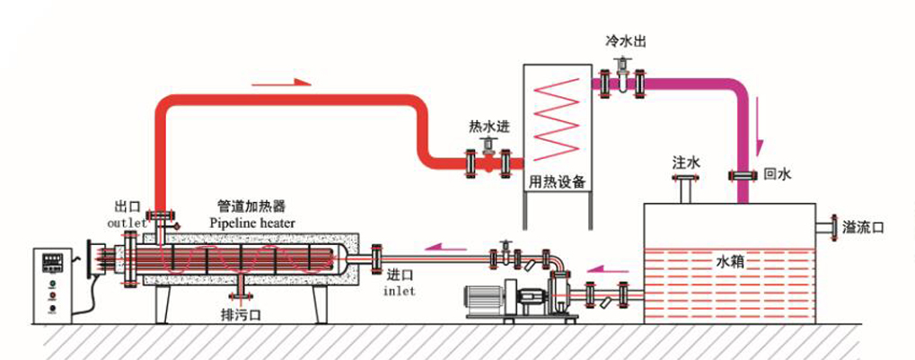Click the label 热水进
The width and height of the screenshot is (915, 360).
point(488,127)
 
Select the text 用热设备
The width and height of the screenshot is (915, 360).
point(557,181)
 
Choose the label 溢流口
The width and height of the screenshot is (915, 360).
point(864,227)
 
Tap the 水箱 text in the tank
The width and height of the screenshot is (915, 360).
point(728,262)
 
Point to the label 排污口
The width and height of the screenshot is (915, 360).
point(240,316)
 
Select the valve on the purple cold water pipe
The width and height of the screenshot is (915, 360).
point(621,81)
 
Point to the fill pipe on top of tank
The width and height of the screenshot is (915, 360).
point(687,189)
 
